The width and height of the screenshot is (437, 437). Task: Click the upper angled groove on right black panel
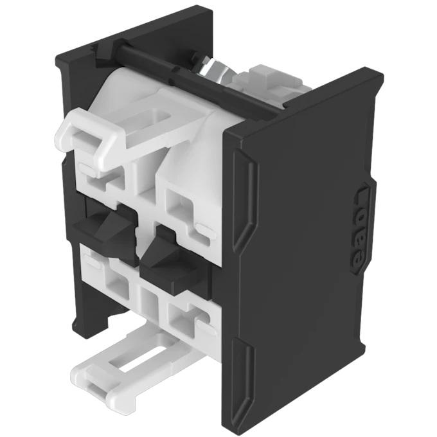click(x=247, y=193)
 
